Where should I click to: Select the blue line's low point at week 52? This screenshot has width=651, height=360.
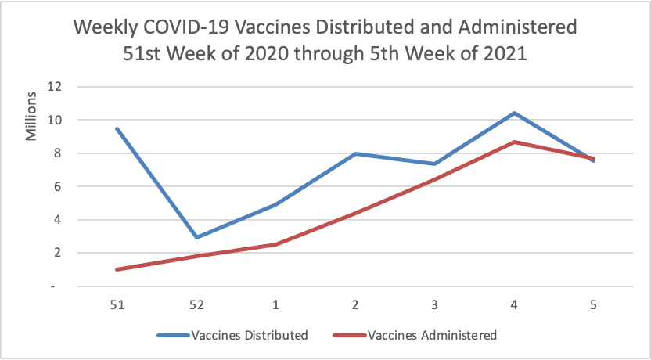pyautogui.click(x=197, y=237)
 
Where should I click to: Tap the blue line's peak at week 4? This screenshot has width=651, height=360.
pyautogui.click(x=514, y=113)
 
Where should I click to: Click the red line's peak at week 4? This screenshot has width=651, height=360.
pyautogui.click(x=514, y=142)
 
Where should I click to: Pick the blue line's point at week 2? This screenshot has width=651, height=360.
pyautogui.click(x=356, y=153)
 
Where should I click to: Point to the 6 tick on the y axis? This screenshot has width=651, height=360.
pyautogui.click(x=56, y=187)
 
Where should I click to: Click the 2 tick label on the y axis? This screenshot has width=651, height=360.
pyautogui.click(x=56, y=253)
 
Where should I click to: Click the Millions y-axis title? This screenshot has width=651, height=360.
pyautogui.click(x=32, y=117)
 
